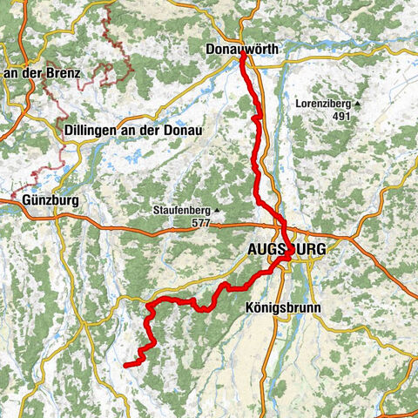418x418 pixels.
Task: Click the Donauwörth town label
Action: point(242,50)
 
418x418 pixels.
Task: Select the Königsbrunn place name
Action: point(284,308)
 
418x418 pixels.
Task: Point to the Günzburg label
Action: point(40,200)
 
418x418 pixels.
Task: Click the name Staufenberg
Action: point(181,211)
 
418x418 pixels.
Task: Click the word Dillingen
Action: point(93,131)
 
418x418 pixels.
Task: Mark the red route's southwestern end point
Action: point(126,364)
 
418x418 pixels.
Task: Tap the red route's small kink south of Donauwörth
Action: point(253,118)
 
